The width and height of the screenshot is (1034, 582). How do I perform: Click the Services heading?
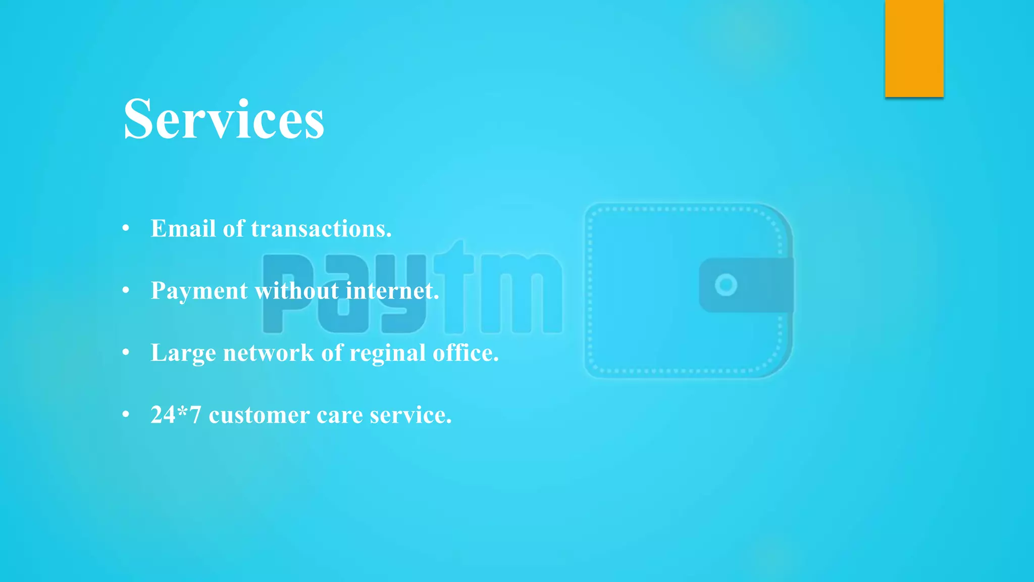(x=224, y=120)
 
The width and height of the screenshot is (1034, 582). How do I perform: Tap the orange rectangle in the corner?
(x=914, y=48)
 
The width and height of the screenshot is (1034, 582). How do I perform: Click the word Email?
(x=183, y=228)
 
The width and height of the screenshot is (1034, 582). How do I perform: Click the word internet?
(x=392, y=291)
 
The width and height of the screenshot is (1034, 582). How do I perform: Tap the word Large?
(x=183, y=353)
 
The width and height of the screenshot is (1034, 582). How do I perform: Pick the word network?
(x=269, y=353)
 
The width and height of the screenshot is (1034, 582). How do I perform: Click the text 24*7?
(x=176, y=415)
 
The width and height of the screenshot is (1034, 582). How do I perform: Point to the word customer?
(x=259, y=415)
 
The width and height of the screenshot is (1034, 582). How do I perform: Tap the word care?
(x=339, y=415)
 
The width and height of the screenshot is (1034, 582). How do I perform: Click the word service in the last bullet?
(x=410, y=415)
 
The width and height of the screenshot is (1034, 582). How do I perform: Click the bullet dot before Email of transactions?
(x=126, y=228)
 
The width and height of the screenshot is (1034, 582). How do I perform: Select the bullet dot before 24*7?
(x=126, y=415)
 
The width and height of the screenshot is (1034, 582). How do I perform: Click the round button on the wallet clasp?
(x=726, y=285)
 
